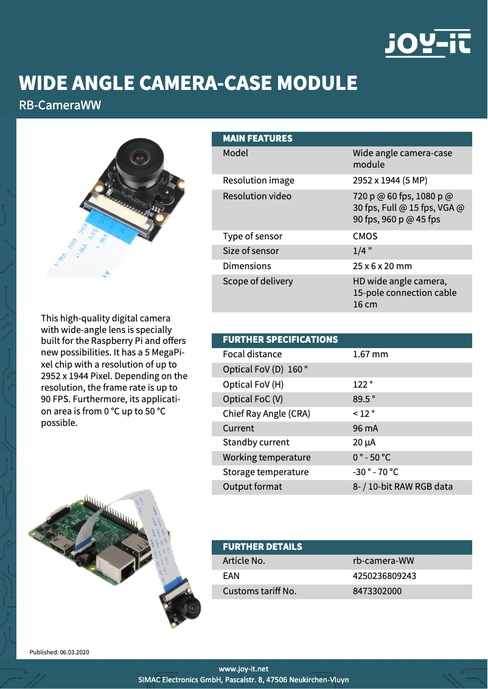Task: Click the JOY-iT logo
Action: point(428,44)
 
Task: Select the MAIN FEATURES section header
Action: point(257,139)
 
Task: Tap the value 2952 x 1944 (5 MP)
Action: point(394,180)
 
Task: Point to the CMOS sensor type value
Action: point(365,236)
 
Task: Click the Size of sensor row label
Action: point(251,251)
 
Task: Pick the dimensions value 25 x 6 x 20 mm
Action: point(382,266)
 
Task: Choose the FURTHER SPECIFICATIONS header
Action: point(280,340)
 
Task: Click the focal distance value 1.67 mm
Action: point(370,354)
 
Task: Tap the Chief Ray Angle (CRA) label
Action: point(267,414)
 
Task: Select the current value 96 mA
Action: point(366,428)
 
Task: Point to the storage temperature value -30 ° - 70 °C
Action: point(375,472)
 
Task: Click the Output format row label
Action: point(253,487)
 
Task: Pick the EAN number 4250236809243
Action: point(385,576)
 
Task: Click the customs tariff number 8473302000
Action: point(377,591)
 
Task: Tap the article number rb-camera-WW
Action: point(383,561)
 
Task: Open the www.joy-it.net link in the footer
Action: point(243,669)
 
